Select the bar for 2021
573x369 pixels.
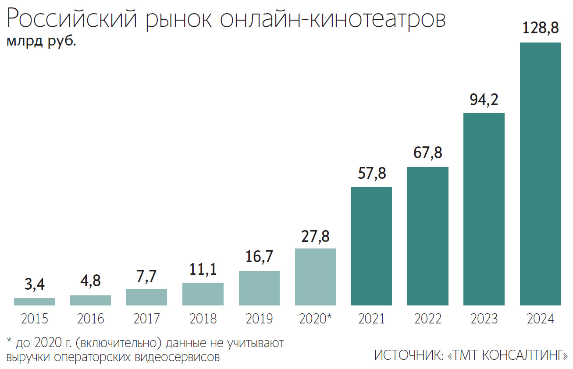(x=371, y=246)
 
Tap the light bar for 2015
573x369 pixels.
(x=34, y=302)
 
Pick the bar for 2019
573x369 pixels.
(x=259, y=288)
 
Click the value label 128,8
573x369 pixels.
(x=540, y=28)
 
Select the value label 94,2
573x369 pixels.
(x=484, y=100)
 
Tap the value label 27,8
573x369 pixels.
(x=315, y=236)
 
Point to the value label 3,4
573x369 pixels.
(x=34, y=285)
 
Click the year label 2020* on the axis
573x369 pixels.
(x=315, y=319)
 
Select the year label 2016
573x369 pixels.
(x=90, y=319)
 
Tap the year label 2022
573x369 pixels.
(x=427, y=319)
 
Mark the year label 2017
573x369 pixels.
(x=146, y=319)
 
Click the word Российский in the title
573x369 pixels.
(x=71, y=20)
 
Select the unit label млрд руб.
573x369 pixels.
(x=41, y=42)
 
